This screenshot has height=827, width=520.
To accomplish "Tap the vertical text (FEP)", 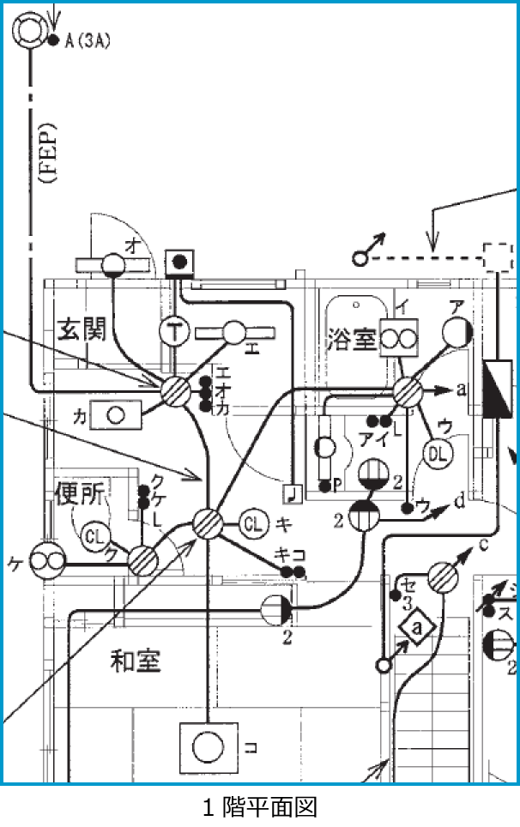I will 47,154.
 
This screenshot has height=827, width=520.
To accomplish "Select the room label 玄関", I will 81,329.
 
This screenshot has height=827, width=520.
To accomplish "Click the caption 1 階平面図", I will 260,806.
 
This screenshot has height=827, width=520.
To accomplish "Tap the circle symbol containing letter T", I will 174,332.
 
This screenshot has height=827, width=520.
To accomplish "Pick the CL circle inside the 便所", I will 96,538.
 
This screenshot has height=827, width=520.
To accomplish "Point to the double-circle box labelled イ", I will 397,338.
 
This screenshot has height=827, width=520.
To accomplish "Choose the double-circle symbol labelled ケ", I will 46,562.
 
